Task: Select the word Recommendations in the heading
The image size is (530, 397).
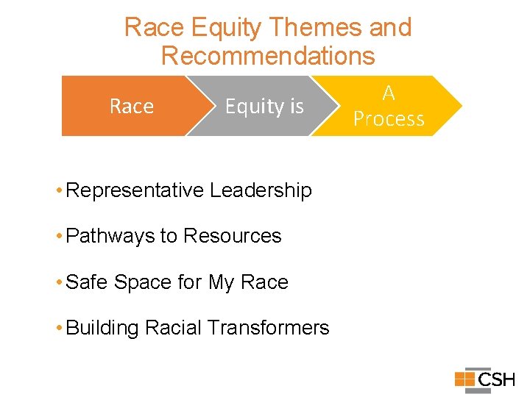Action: click(268, 56)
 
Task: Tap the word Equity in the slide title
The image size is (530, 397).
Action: click(226, 27)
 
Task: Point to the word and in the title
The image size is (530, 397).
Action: click(390, 27)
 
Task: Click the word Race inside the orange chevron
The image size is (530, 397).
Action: click(131, 107)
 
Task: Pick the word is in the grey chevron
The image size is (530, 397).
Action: click(296, 107)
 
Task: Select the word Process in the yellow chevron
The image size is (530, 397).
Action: click(389, 119)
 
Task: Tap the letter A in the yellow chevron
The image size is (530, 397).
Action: click(389, 93)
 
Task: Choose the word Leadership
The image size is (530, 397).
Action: click(261, 190)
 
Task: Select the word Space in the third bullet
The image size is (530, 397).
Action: click(138, 282)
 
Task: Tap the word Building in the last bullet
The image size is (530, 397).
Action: click(102, 328)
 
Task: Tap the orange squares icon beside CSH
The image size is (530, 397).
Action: click(464, 379)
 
